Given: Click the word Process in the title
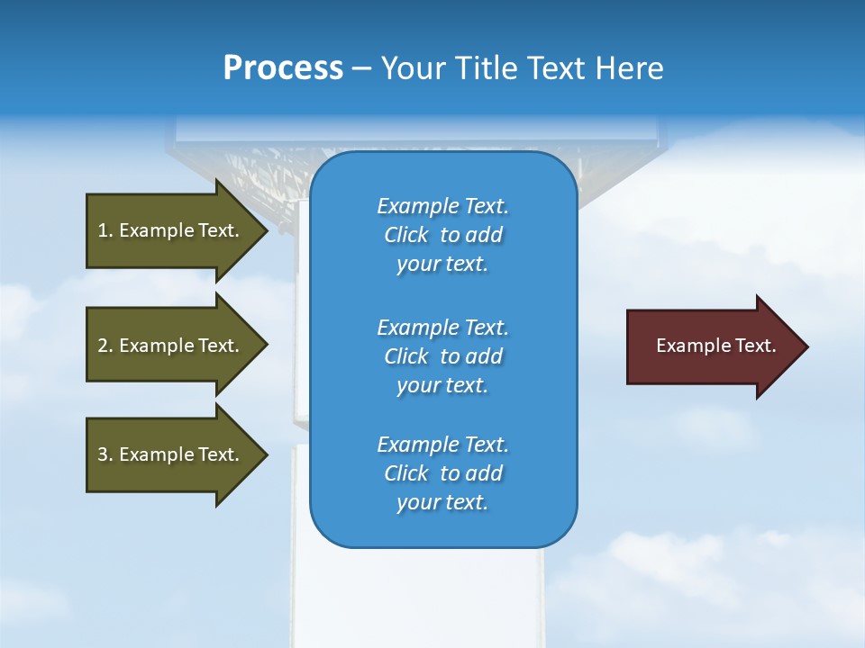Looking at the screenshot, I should click(x=283, y=68).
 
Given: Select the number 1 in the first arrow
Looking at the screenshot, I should click(x=103, y=230).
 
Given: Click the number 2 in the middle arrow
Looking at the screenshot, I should click(x=103, y=346).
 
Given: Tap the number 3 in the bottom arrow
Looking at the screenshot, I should click(x=103, y=454).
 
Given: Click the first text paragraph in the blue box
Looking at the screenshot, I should click(x=442, y=235).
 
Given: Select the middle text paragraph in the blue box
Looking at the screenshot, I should click(x=442, y=356).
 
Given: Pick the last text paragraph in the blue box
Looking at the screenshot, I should click(x=442, y=473).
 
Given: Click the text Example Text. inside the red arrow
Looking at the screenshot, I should click(x=715, y=346).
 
